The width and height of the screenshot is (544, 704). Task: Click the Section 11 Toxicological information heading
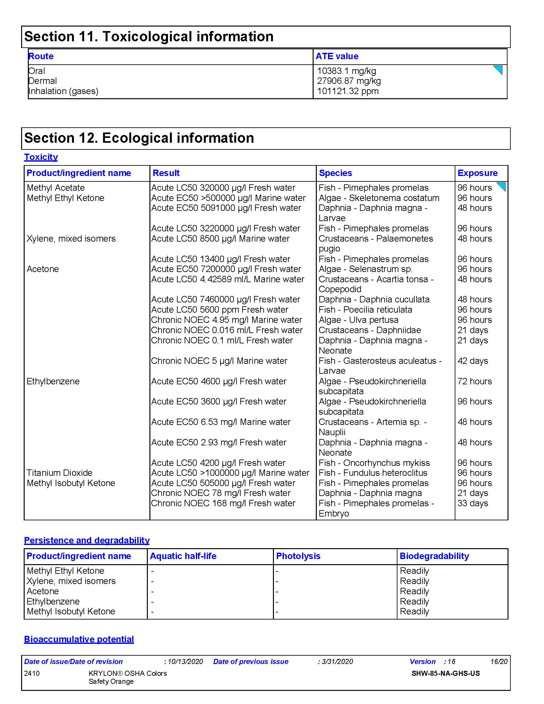coord(149,37)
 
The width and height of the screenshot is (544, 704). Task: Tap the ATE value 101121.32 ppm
coord(348,91)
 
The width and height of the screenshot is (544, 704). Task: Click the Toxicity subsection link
coord(41,157)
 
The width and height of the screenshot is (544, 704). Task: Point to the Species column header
coord(335,173)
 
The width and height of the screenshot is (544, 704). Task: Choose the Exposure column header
coord(477,173)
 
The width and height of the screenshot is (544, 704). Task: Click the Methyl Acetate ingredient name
coord(56,188)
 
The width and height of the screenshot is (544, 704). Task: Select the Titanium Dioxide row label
coord(60,473)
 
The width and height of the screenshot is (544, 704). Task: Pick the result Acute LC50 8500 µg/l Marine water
coord(220,239)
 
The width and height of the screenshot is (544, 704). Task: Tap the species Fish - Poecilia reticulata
coord(365,310)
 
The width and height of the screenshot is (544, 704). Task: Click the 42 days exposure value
coord(472,361)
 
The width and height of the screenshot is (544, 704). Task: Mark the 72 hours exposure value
coord(474,381)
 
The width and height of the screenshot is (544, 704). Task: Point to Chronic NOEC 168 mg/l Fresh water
coord(223,503)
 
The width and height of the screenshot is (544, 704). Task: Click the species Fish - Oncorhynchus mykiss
coord(374,463)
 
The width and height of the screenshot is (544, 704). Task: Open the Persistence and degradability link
coord(87,540)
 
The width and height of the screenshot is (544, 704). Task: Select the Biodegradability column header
coord(434,556)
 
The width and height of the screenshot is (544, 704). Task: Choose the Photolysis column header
coord(298,556)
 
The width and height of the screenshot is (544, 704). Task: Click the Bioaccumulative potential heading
coord(79,639)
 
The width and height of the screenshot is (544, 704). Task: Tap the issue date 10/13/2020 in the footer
coord(185,662)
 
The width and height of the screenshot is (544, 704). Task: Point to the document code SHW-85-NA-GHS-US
coord(445,673)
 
